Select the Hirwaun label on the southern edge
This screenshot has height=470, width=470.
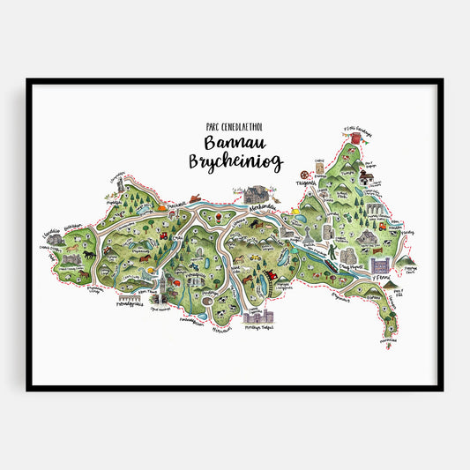(220, 330)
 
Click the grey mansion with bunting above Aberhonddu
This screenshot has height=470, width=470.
(257, 193)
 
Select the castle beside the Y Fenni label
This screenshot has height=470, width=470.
(380, 264)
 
